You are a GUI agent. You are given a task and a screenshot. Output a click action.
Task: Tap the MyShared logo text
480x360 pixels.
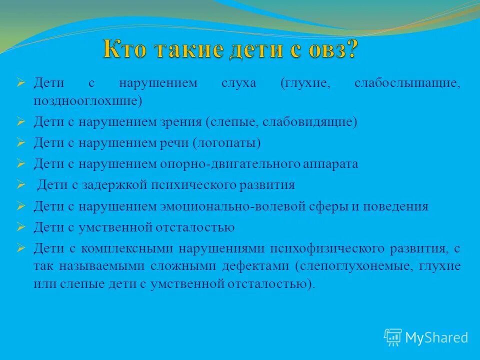436,337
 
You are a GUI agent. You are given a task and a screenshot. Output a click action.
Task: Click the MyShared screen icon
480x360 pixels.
393,337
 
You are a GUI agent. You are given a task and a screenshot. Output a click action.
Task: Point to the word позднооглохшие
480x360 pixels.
88,100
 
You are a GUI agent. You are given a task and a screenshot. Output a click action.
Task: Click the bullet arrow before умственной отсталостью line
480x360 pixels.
20,227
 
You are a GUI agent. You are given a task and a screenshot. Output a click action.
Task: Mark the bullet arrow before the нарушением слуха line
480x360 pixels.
20,83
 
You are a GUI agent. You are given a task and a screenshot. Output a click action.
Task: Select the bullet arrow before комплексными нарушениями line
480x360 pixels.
20,248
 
